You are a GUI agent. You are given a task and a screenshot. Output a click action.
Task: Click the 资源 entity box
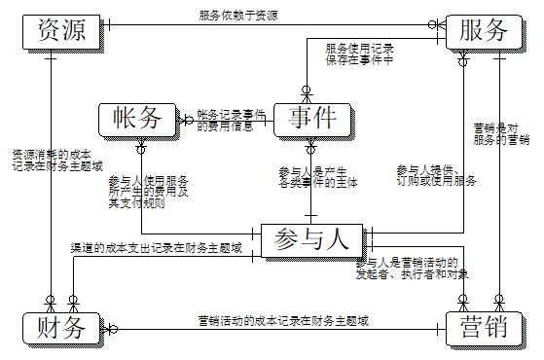tap(60, 30)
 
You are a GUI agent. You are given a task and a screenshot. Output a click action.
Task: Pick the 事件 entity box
tap(311, 119)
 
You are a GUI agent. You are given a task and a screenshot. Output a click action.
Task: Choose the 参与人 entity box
tap(311, 239)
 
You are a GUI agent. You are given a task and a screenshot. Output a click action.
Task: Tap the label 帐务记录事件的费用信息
tap(231, 119)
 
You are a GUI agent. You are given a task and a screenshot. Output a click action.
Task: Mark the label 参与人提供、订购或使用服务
tap(435, 175)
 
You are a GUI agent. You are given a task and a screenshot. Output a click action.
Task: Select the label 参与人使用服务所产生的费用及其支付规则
tap(148, 192)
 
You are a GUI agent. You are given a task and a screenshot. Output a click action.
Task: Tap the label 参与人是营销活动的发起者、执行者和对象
tap(413, 269)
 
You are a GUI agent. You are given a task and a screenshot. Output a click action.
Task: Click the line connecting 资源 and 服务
tap(272, 23)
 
